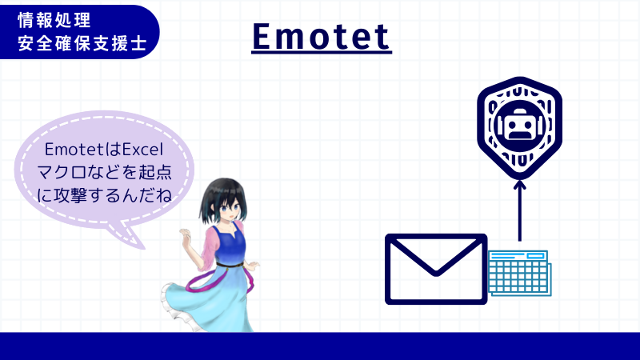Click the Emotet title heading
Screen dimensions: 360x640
coord(321,36)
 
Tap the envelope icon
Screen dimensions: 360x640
coord(436,269)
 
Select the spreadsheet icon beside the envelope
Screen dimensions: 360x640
coord(521,272)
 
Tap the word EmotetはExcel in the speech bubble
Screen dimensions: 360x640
coord(104,150)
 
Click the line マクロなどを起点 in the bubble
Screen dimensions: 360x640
coord(105,171)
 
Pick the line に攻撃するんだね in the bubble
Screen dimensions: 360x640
coord(105,193)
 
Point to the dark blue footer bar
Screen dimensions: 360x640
coord(320,346)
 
